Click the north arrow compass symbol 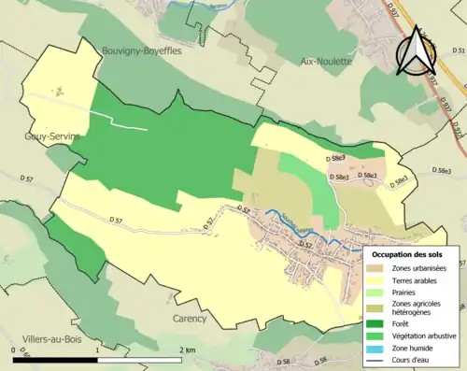click(x=417, y=51)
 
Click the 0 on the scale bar click(x=14, y=349)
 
